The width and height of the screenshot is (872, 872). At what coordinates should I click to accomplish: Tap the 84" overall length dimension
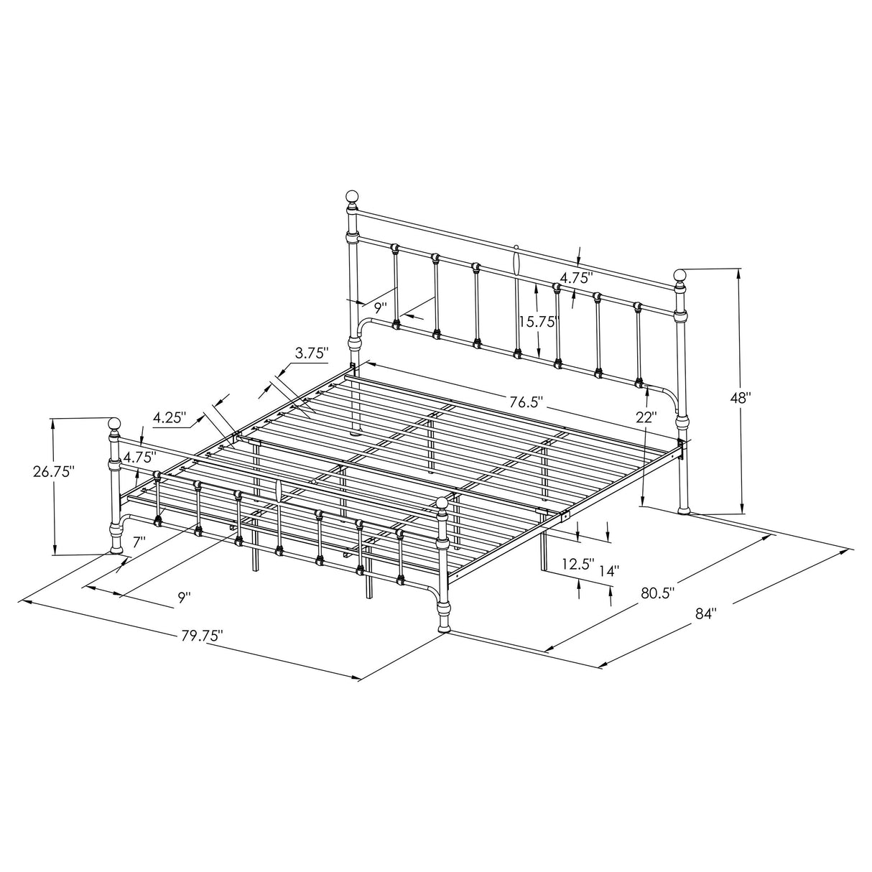[706, 613]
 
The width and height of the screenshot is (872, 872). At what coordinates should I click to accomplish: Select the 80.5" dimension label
[657, 593]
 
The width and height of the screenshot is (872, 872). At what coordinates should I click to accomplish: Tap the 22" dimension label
[646, 417]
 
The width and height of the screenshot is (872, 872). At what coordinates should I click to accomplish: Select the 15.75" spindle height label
[539, 323]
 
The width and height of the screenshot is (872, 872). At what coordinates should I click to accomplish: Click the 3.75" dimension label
[311, 353]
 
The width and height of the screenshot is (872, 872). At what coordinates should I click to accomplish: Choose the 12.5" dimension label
[578, 564]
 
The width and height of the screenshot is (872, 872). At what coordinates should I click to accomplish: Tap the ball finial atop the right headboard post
[680, 274]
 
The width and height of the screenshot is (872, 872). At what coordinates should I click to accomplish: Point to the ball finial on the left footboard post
[113, 422]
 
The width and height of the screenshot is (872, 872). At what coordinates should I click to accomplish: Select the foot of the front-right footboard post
[445, 629]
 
